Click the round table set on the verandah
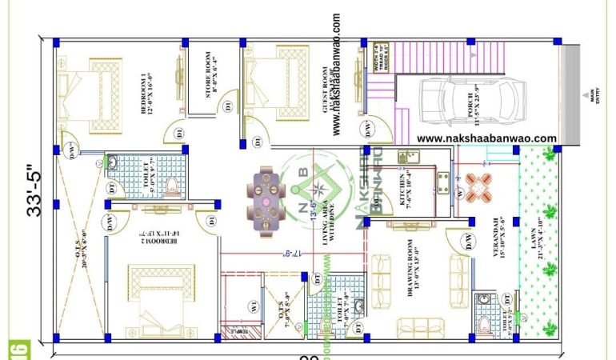pyautogui.click(x=479, y=187)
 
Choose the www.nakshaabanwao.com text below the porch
pyautogui.click(x=486, y=138)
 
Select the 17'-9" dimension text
pyautogui.click(x=292, y=254)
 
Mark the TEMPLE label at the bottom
pyautogui.click(x=238, y=330)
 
